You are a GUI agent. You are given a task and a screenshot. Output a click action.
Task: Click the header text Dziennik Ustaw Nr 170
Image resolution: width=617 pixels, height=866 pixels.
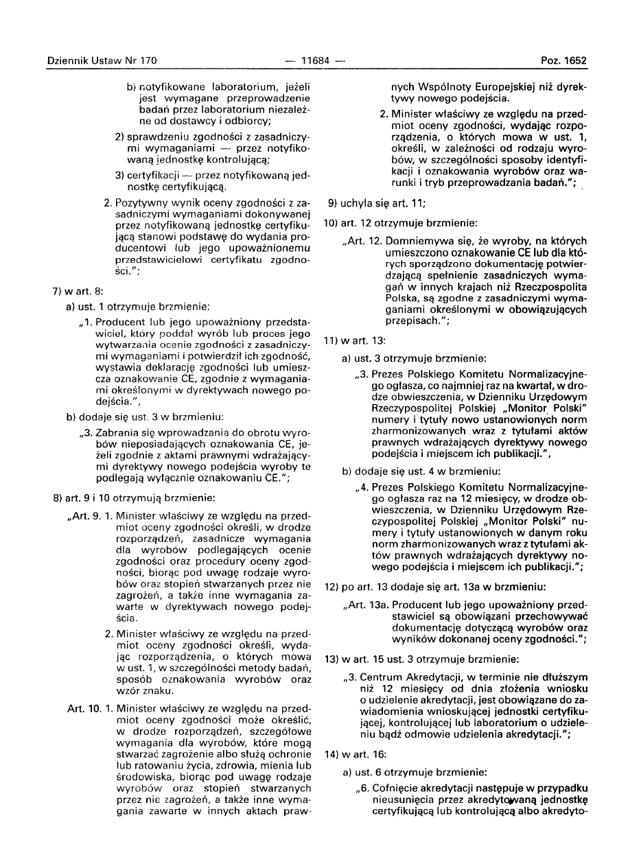[102, 60]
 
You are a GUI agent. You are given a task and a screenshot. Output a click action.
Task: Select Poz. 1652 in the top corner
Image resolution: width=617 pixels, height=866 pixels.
[563, 60]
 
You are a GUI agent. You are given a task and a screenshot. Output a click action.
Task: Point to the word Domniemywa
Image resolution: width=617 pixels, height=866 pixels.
[415, 241]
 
